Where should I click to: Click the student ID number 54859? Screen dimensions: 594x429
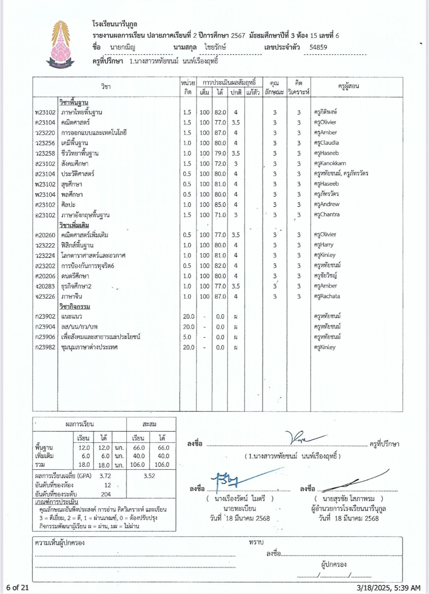(318, 47)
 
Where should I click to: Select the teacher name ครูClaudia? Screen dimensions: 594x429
(326, 143)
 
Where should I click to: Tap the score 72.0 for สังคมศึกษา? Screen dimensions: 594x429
(220, 164)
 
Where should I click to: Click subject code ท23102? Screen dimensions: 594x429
(45, 112)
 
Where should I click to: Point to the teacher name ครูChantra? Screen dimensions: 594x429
(327, 214)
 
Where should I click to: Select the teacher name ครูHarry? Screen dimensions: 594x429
(324, 245)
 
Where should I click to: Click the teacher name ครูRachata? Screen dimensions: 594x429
(327, 296)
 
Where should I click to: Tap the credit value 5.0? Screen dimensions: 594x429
(187, 337)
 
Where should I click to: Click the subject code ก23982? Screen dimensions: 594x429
(45, 347)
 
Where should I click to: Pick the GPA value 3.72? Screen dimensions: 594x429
(105, 476)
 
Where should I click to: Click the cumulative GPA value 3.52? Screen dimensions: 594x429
(150, 476)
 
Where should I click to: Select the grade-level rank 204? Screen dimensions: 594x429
(106, 494)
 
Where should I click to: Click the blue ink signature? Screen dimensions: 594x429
(233, 480)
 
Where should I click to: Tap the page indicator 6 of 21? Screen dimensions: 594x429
(18, 588)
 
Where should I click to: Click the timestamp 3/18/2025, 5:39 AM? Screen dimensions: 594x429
(389, 588)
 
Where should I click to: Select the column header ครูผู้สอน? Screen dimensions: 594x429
(348, 86)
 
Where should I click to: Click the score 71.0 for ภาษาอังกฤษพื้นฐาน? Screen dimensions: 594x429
(220, 215)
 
